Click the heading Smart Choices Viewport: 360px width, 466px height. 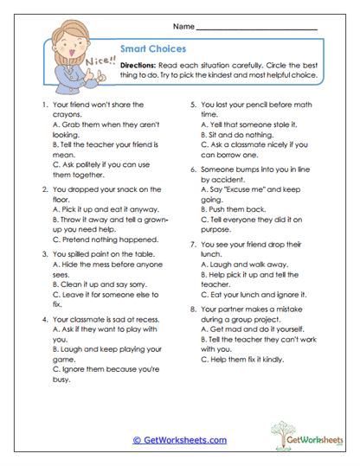tap(146, 49)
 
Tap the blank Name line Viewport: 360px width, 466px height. tap(258, 29)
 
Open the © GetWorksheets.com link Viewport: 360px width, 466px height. tap(179, 440)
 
